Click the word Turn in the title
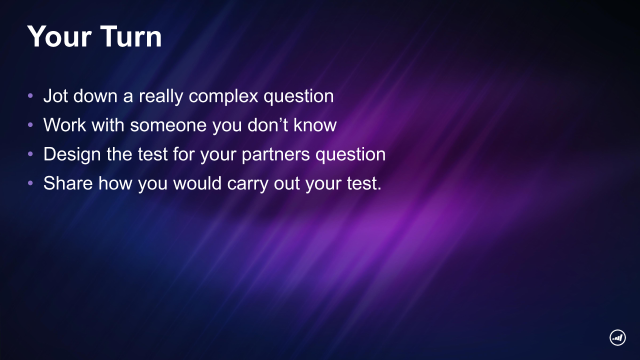tap(131, 36)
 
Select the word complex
tap(223, 96)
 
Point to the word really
tap(161, 96)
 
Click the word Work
tap(64, 125)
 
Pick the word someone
tap(168, 125)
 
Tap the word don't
tap(267, 125)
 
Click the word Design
tap(72, 154)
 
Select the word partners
tap(275, 155)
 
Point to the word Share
tap(68, 183)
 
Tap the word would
tap(197, 183)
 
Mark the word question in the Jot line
tap(298, 96)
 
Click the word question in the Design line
tap(350, 155)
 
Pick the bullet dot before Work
tap(30, 125)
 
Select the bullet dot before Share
tap(30, 183)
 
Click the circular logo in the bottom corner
tap(617, 337)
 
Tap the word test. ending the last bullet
tap(364, 183)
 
